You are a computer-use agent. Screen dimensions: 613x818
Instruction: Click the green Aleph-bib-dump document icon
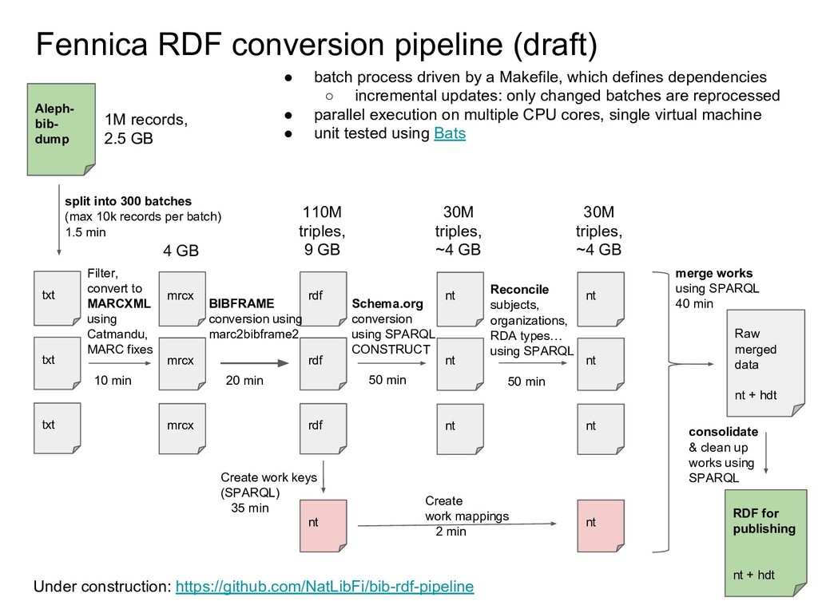pos(61,129)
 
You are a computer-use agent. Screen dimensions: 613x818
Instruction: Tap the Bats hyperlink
pos(449,134)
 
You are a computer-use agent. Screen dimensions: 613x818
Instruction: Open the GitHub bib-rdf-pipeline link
pos(324,587)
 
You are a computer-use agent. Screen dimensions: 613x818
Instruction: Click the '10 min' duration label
pos(113,380)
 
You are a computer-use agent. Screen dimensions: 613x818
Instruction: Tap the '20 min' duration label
pos(244,380)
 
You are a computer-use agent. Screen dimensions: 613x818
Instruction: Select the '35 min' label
pos(249,508)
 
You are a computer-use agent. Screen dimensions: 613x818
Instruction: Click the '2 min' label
pos(451,532)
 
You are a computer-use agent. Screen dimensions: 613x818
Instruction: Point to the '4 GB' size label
pos(181,251)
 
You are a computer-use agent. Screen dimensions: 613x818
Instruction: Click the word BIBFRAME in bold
pos(241,304)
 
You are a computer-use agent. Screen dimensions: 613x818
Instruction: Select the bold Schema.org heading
pos(387,304)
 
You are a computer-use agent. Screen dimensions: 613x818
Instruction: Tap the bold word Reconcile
pos(519,289)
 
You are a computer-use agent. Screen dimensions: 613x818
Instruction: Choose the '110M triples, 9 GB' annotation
pos(322,231)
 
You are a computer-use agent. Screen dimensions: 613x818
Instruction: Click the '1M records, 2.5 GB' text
pos(146,129)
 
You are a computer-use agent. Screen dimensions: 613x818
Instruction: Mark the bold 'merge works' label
pos(713,273)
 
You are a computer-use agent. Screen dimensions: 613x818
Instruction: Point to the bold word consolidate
pos(723,432)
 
